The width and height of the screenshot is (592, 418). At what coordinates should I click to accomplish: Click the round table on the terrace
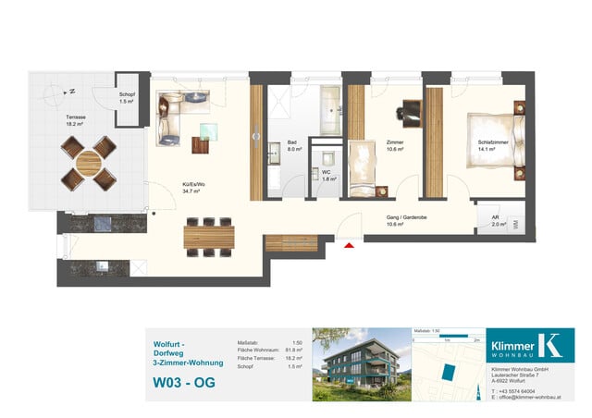89,163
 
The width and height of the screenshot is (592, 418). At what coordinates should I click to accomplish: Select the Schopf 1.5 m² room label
127,96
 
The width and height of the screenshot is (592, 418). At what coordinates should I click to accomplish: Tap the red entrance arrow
348,245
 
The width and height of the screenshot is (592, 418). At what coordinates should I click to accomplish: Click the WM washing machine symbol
515,224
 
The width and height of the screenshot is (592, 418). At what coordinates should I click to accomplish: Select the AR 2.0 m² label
498,220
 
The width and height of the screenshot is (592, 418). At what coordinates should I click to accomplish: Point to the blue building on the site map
450,373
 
